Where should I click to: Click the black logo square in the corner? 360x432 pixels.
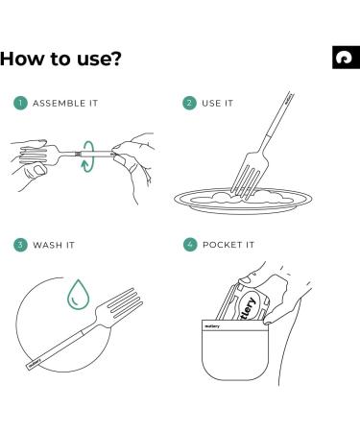[x=346, y=58]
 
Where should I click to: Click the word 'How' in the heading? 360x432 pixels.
[x=21, y=59]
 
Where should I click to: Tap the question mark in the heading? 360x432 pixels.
[x=115, y=59]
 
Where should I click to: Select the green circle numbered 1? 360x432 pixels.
[x=20, y=103]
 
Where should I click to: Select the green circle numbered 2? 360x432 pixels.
[x=189, y=103]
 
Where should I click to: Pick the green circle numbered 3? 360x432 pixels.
[x=20, y=245]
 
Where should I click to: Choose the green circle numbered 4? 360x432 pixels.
[x=190, y=245]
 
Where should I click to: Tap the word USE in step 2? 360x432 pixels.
[x=211, y=104]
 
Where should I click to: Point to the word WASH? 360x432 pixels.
[x=48, y=245]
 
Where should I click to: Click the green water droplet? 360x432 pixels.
[x=79, y=295]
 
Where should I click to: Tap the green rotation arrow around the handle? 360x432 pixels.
[x=87, y=156]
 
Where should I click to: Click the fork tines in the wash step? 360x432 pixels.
[x=126, y=302]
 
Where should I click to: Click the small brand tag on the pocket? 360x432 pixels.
[x=212, y=326]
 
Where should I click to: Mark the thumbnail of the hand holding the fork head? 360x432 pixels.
[x=39, y=170]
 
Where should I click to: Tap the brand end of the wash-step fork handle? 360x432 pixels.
[x=34, y=364]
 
